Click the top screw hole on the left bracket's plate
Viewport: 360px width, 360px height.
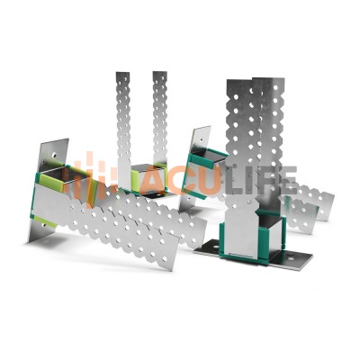[54, 156]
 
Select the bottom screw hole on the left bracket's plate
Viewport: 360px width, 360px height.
[45, 225]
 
